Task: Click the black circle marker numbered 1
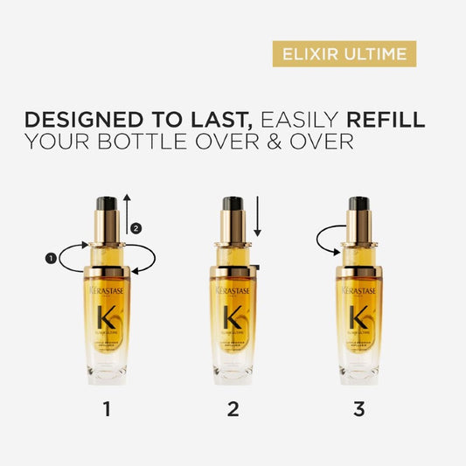coord(51,258)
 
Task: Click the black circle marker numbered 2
coord(135,229)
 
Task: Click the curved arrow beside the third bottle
coord(327,238)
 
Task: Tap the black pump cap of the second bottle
coord(233,208)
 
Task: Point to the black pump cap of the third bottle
coord(359,208)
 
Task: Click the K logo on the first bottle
coord(108,316)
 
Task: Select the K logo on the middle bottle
coord(233,316)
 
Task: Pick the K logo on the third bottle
coord(359,316)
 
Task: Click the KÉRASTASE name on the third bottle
coord(359,289)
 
